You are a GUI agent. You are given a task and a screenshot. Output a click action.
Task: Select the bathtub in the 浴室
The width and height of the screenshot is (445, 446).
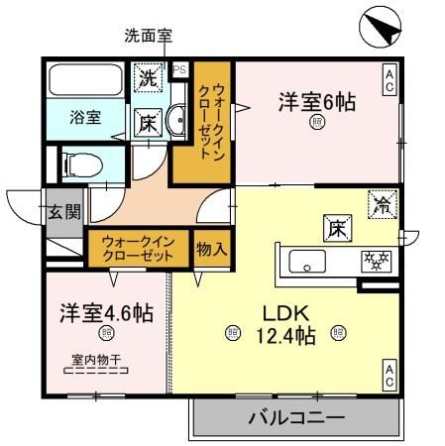(x=84, y=79)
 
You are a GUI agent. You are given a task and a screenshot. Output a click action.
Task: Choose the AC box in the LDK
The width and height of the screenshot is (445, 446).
(x=389, y=374)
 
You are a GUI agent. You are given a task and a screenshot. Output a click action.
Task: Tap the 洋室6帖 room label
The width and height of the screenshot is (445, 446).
(x=316, y=101)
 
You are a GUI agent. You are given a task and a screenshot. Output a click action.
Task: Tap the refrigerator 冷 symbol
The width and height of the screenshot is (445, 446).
(x=382, y=206)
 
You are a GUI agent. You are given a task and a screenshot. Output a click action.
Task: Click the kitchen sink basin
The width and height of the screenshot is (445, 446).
(x=307, y=263)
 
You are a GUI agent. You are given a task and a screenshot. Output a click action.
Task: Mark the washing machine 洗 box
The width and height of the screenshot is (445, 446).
(x=148, y=76)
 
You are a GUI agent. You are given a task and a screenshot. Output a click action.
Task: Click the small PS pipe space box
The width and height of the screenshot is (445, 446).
(x=180, y=69)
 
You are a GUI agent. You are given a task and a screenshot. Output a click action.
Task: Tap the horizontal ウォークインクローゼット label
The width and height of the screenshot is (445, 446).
(x=138, y=247)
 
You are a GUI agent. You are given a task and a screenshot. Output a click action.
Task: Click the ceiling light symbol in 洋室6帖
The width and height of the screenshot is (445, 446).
(x=316, y=123)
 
